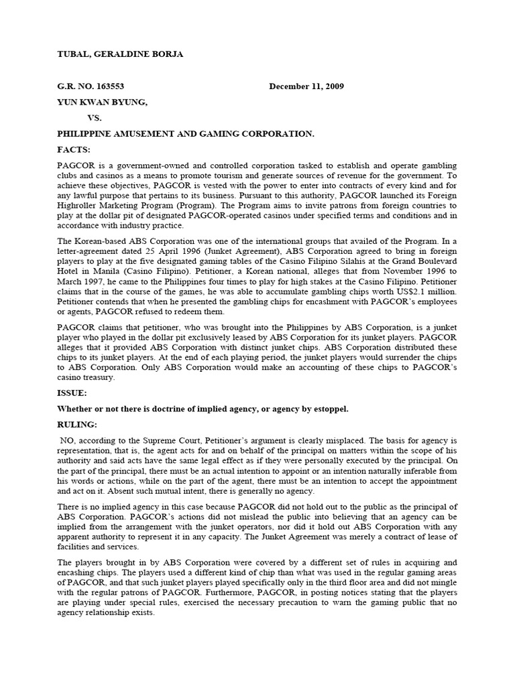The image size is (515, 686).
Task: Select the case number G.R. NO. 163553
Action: pyautogui.click(x=90, y=86)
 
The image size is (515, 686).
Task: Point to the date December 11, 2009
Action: pyautogui.click(x=306, y=86)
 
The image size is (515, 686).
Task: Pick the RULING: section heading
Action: pyautogui.click(x=78, y=425)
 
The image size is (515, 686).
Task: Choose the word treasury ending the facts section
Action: pyautogui.click(x=97, y=377)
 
